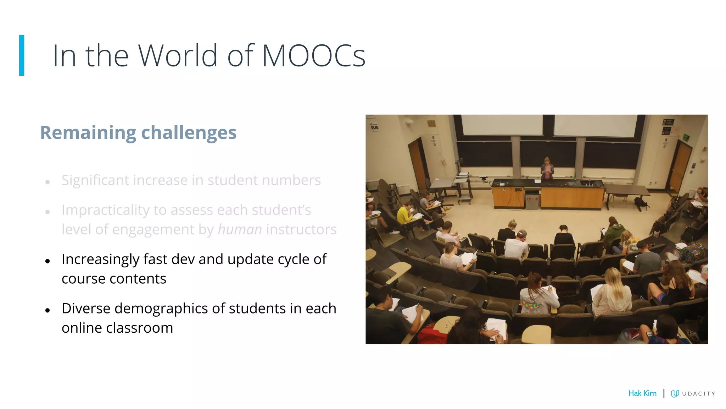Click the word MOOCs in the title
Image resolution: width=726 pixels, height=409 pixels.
point(313,56)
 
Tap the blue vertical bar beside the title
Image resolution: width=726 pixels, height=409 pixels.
point(22,55)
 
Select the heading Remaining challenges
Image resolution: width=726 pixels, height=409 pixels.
point(138,132)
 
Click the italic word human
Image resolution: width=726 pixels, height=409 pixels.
point(240,229)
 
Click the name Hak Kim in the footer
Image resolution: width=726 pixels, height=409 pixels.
point(642,393)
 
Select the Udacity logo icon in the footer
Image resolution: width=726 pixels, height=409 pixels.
point(675,393)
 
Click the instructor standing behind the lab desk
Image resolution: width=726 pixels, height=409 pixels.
point(547,169)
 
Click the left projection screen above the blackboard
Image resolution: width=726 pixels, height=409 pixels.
point(502,125)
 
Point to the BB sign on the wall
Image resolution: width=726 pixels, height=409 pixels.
point(374,127)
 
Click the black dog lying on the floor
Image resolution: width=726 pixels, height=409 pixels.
point(641,203)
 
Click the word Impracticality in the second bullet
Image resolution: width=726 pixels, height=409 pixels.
point(105,210)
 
